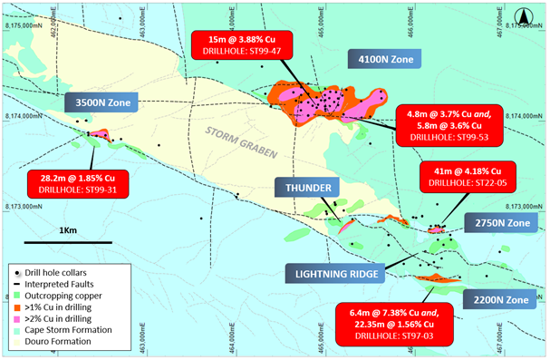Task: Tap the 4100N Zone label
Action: (x=381, y=58)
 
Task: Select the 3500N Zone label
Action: (x=101, y=102)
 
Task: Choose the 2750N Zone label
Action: (x=497, y=222)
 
